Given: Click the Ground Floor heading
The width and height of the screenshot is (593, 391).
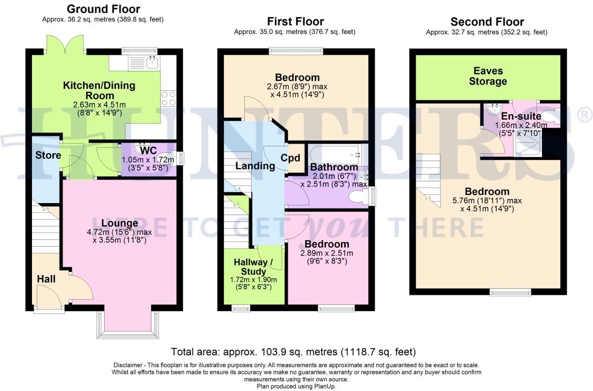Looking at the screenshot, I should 103,9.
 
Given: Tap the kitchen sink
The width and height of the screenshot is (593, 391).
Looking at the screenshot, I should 152,62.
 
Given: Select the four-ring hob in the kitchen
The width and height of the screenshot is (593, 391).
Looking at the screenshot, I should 168,99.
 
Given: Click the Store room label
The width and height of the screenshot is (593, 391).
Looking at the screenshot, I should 48,155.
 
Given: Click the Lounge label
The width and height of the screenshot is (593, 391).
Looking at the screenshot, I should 119,223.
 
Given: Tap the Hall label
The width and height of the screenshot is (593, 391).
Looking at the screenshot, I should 46,279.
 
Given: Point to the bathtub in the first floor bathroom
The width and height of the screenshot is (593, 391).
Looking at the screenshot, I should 335,154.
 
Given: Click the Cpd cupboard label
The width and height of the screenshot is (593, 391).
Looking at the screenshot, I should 290,158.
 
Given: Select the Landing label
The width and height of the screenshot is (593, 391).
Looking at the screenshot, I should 255,166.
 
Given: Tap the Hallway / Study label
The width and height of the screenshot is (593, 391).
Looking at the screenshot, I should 253,267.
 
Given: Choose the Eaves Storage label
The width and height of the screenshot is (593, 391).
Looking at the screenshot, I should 488,76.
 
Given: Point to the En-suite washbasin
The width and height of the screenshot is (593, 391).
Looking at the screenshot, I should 494,108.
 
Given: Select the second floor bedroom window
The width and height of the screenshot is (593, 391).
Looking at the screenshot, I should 511,293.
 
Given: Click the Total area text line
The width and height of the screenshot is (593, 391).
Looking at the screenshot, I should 293,352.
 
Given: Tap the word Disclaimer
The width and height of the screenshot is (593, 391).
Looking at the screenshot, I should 128,365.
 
